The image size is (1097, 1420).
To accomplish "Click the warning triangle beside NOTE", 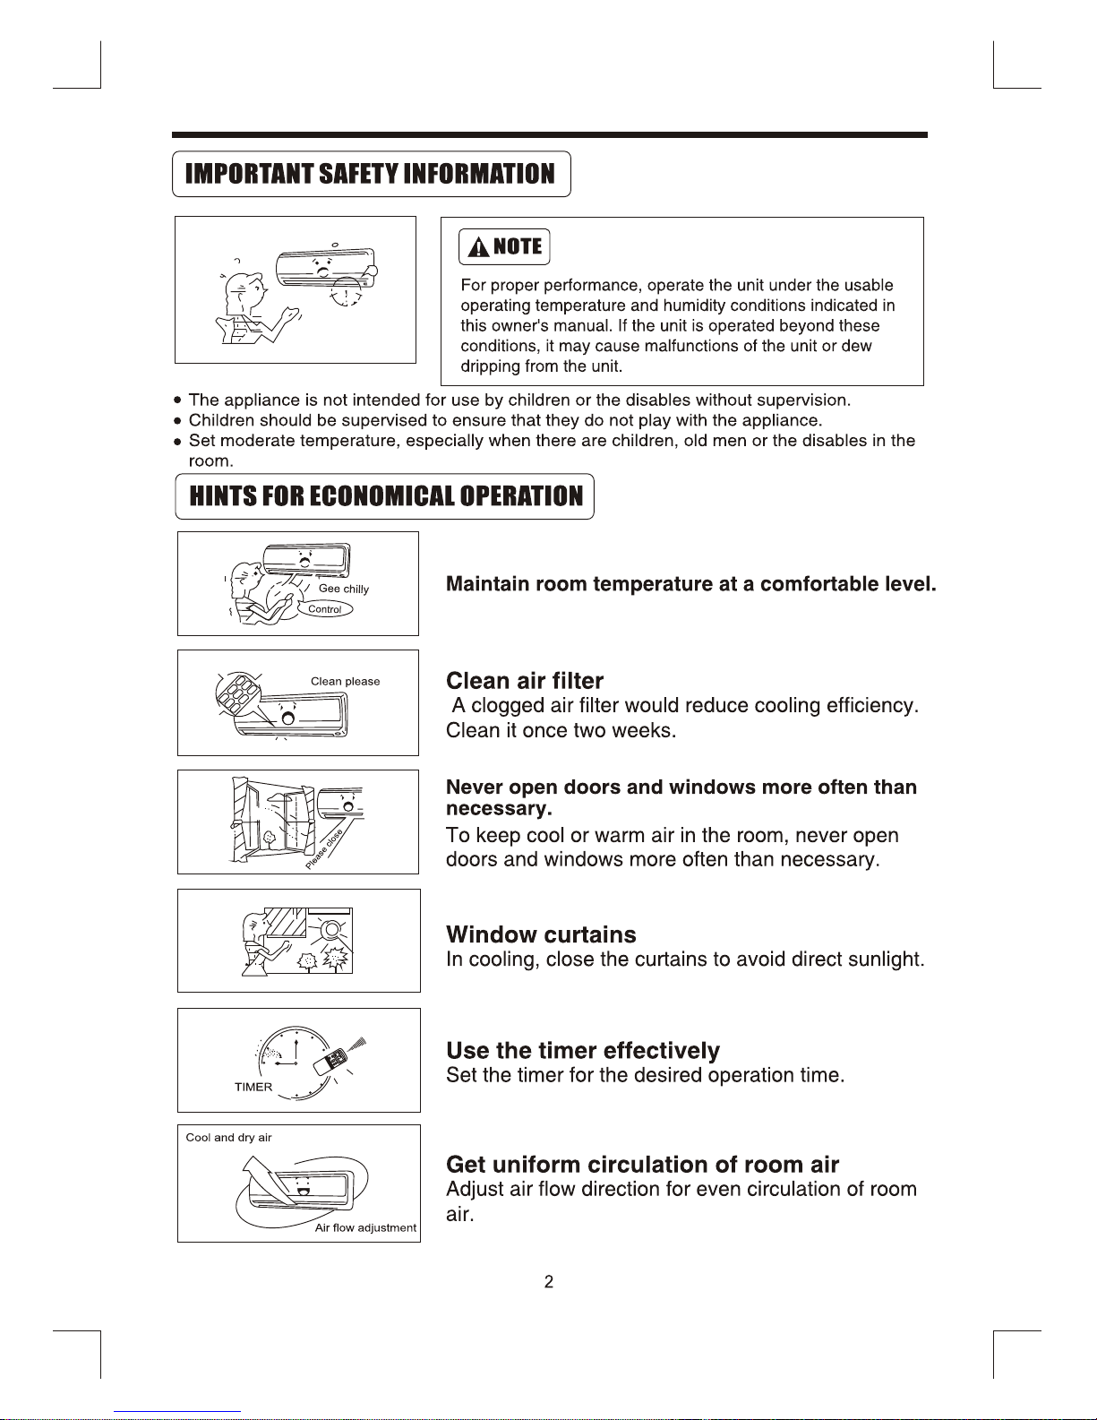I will coord(479,247).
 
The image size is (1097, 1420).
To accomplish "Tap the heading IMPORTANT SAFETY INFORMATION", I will coord(370,174).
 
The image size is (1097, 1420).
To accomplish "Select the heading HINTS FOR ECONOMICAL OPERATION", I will coord(385,496).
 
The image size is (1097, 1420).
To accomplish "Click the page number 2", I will coord(549,1282).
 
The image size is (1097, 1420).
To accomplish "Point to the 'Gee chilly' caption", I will coord(344,589).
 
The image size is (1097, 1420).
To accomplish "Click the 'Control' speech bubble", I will coord(325,609).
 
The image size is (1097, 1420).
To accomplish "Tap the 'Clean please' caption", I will coord(345,682).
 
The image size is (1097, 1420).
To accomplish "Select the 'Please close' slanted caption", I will coord(323,850).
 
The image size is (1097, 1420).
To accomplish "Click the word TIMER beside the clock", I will coord(253,1088).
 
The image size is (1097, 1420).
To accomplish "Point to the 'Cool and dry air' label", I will coord(228,1138).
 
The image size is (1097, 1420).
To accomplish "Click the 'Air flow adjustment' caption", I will coord(365,1228).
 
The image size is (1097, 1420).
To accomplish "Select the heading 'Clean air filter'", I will coord(525,681).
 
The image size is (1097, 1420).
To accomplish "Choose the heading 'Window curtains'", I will coord(541,934).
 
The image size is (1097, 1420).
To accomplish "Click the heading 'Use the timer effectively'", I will coord(583,1050).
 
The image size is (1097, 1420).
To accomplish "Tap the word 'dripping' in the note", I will coord(490,366).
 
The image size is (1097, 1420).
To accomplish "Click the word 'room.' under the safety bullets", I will coord(210,461).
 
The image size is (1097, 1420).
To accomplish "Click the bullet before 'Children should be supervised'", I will coord(179,421).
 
